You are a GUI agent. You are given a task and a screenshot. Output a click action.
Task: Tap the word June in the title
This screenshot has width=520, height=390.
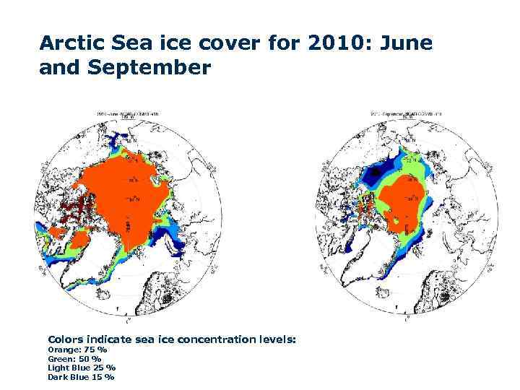pos(407,44)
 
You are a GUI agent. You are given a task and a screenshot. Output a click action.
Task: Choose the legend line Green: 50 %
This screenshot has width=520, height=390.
pos(74,358)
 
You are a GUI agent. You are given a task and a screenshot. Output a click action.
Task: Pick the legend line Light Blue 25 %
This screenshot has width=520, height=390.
pos(81,368)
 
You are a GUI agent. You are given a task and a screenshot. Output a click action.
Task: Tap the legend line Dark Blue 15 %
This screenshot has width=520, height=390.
pos(80,376)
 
